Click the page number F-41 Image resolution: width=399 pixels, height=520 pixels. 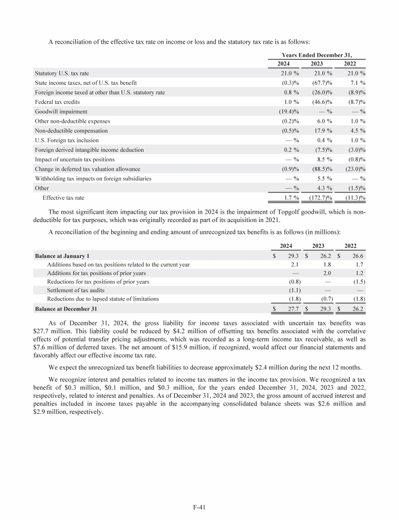[x=199, y=503]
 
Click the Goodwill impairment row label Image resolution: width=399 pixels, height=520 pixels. [x=61, y=111]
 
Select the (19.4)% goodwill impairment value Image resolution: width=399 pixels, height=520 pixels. [x=286, y=111]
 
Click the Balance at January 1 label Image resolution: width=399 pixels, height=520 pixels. [x=62, y=256]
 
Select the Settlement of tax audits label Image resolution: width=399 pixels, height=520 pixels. [x=75, y=290]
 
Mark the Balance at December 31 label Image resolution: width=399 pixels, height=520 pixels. [x=65, y=308]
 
